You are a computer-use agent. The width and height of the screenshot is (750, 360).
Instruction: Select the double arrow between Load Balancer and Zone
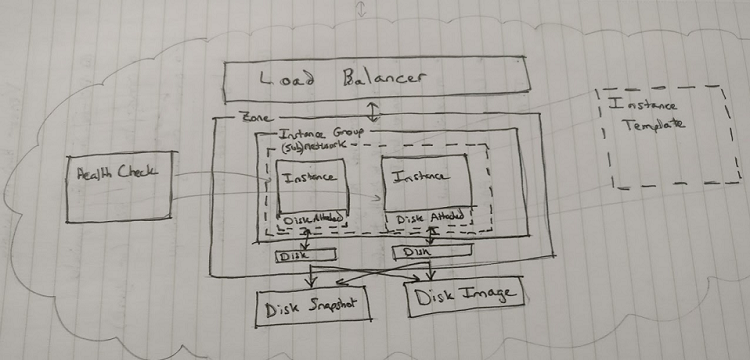click(x=373, y=108)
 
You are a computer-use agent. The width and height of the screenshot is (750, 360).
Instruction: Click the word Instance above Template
click(x=646, y=104)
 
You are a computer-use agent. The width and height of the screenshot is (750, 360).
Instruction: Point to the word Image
click(x=491, y=294)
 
